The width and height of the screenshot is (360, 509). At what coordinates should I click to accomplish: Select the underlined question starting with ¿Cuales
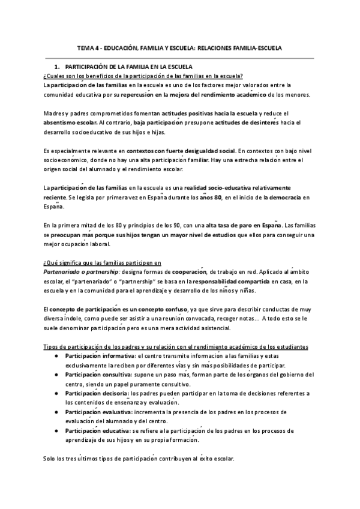pos(143,76)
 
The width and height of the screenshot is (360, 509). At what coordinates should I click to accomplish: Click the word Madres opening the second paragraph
pos(53,113)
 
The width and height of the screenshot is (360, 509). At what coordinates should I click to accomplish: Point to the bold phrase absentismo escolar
pos(68,122)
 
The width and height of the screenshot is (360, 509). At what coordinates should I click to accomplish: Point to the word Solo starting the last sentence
pos(50,459)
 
